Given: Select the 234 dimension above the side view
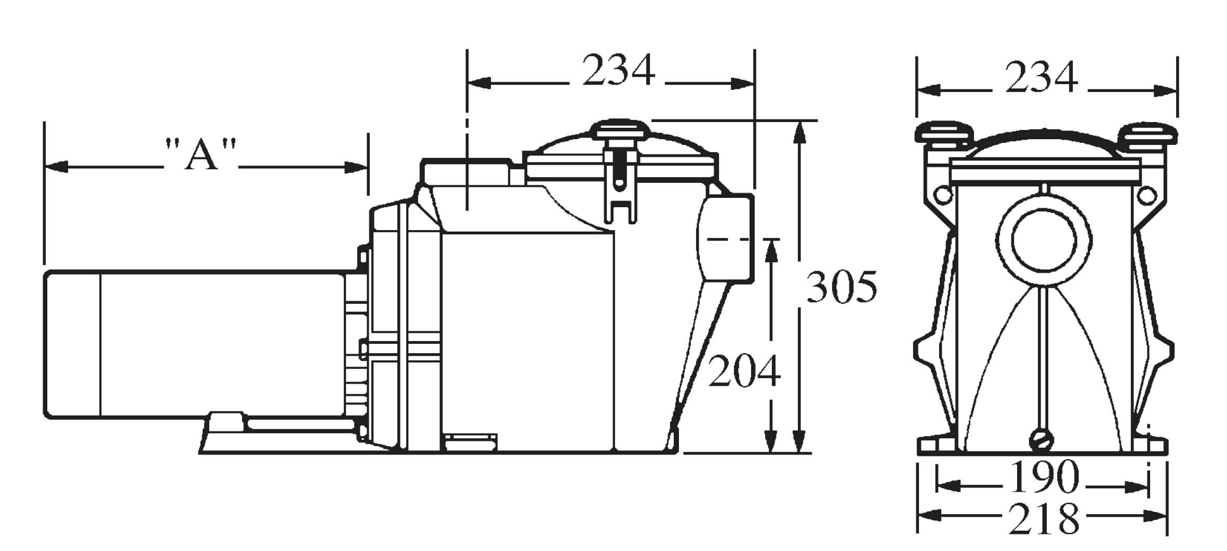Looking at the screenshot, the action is [x=619, y=70].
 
